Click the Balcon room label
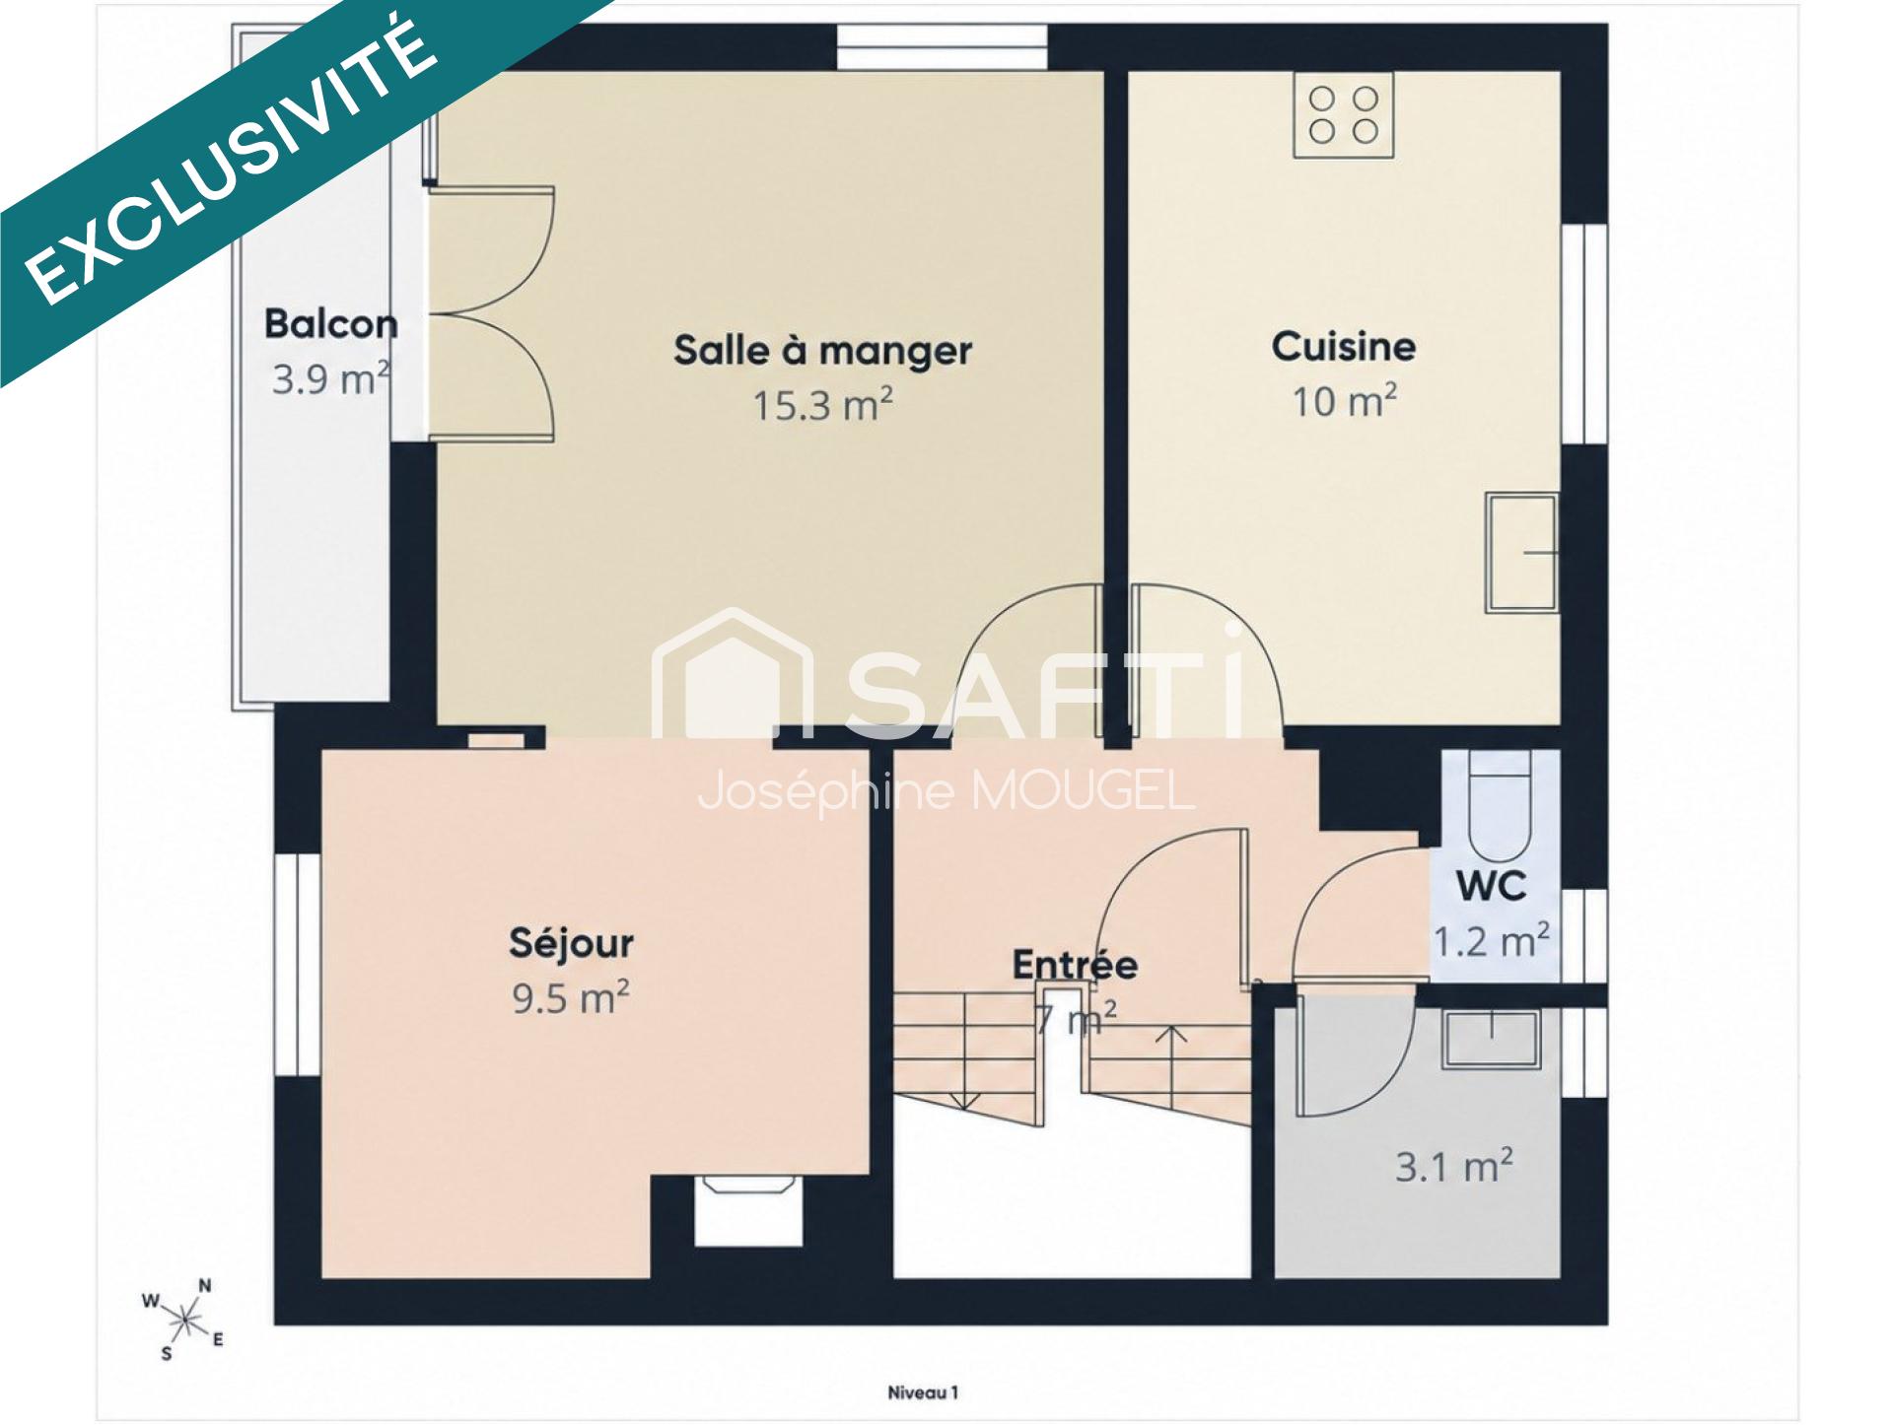point(331,324)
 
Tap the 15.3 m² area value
point(823,404)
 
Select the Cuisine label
point(1343,346)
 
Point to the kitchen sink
point(1522,552)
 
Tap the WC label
point(1492,886)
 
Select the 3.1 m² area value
point(1454,1167)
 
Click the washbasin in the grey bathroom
point(1492,1038)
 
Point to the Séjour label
point(571,942)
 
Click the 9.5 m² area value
point(570,997)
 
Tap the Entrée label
point(1075,964)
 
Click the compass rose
point(184,1317)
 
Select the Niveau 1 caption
point(923,1392)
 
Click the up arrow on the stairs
point(1171,1068)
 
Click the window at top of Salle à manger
point(943,47)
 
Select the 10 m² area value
point(1344,400)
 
